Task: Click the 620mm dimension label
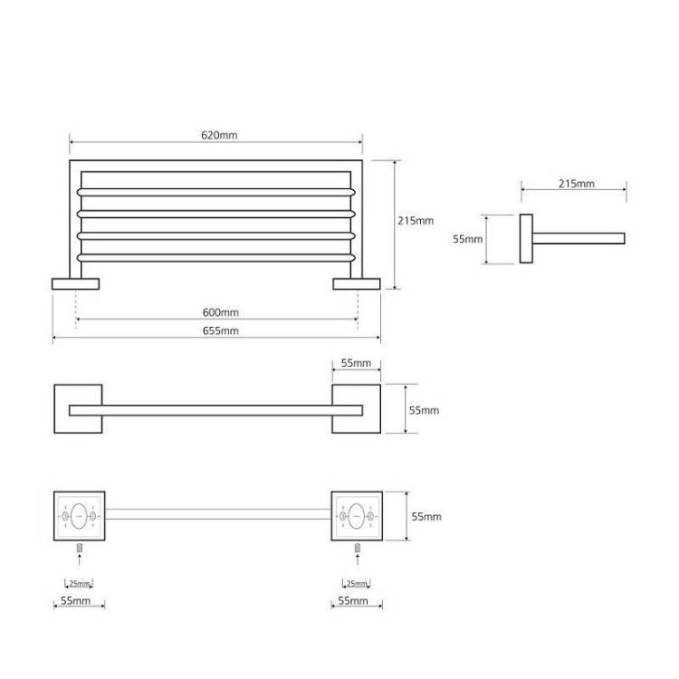[x=219, y=135]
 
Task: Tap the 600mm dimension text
[x=220, y=312]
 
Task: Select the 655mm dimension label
[x=220, y=330]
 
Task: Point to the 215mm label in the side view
[x=577, y=184]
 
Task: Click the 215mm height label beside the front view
[x=416, y=221]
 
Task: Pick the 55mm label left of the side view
[x=468, y=239]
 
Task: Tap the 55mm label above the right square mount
[x=356, y=363]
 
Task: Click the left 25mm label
[x=80, y=583]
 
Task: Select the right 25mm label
[x=357, y=583]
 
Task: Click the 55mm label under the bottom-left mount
[x=75, y=601]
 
